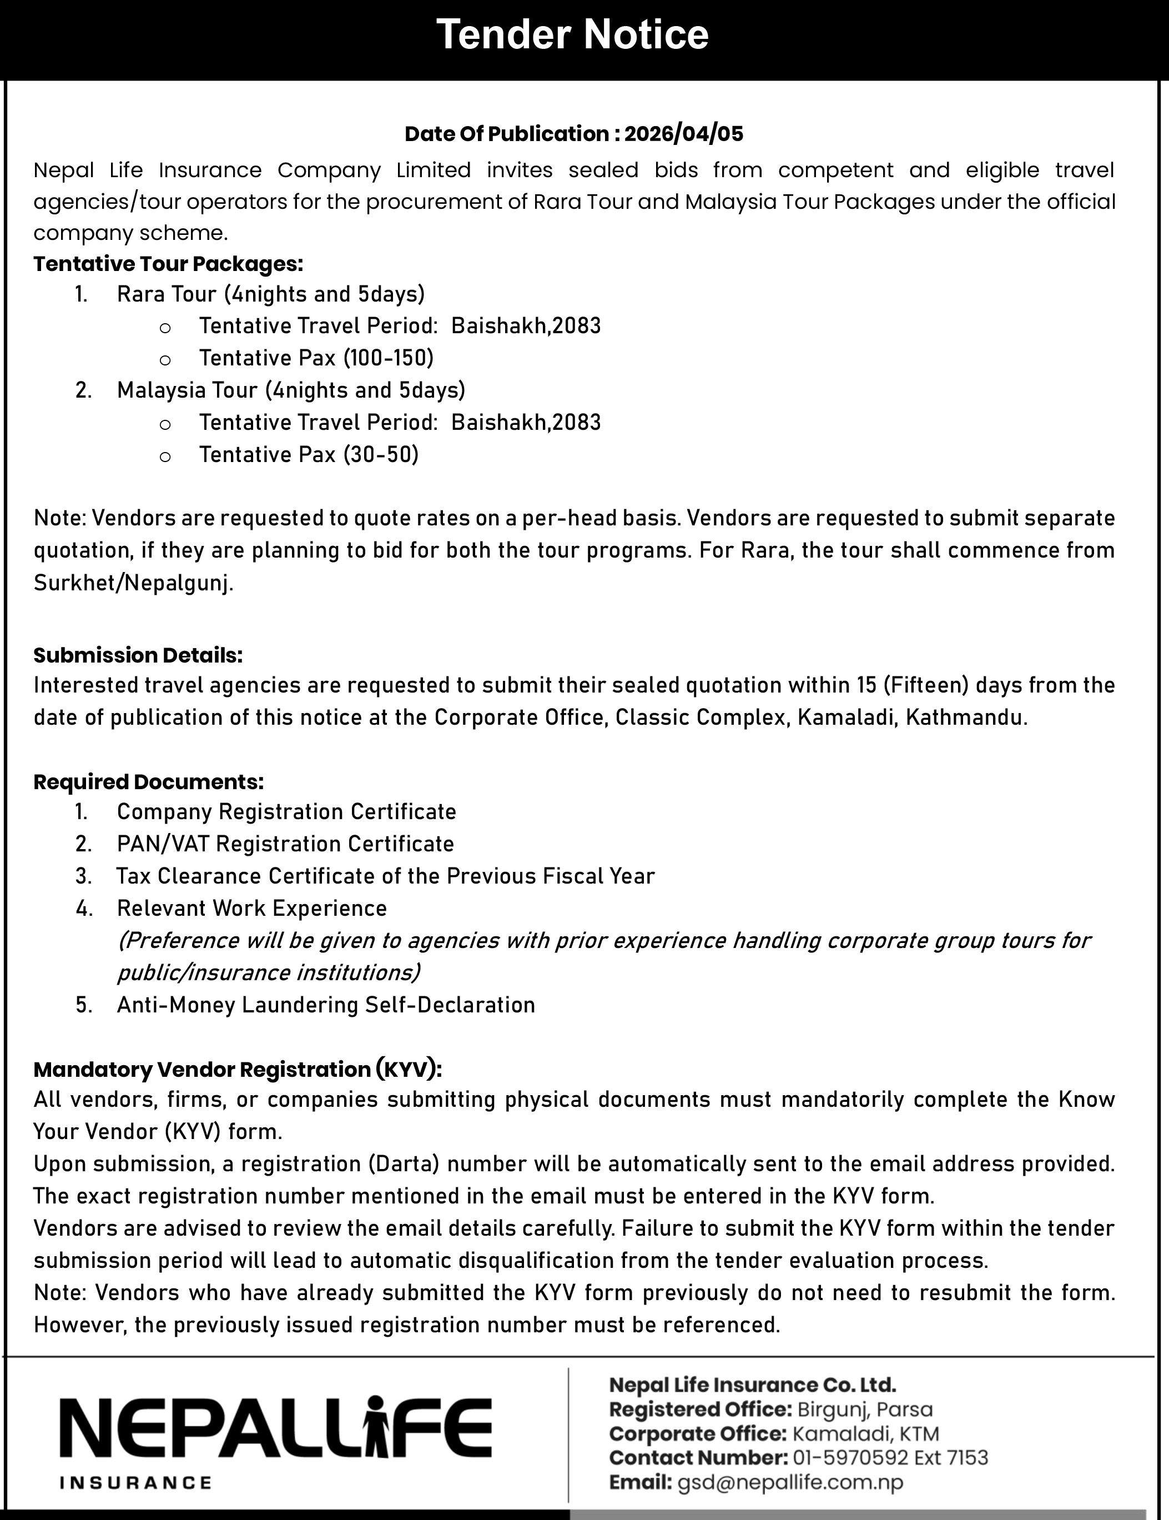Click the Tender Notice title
[x=572, y=35]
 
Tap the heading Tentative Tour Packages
[x=168, y=264]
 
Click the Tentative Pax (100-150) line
[x=316, y=358]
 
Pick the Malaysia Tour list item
[x=291, y=390]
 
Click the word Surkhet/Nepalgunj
[x=133, y=583]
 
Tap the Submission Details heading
[x=138, y=655]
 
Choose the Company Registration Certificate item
[x=286, y=811]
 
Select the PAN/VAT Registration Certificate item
[x=285, y=844]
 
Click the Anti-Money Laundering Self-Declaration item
[x=326, y=1005]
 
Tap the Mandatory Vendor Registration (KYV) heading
[x=237, y=1069]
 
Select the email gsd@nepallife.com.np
[x=790, y=1482]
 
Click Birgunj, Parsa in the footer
[x=864, y=1409]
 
